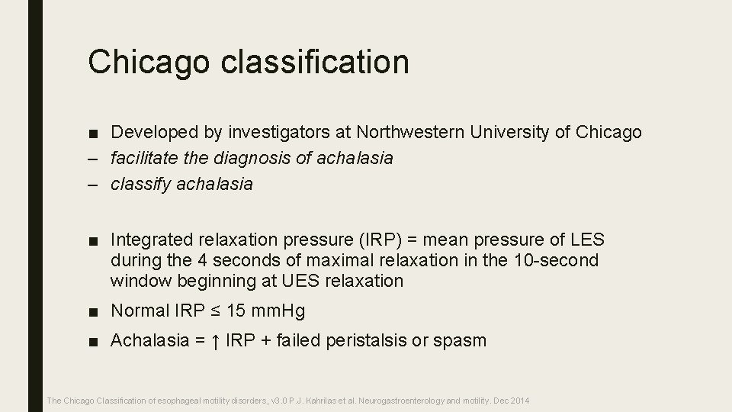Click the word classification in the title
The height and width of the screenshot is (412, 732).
point(315,62)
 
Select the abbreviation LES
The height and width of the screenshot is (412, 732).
point(586,241)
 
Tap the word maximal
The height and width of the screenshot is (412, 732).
point(329,261)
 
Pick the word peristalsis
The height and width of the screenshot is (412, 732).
point(366,340)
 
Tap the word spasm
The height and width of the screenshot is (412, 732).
point(459,340)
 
